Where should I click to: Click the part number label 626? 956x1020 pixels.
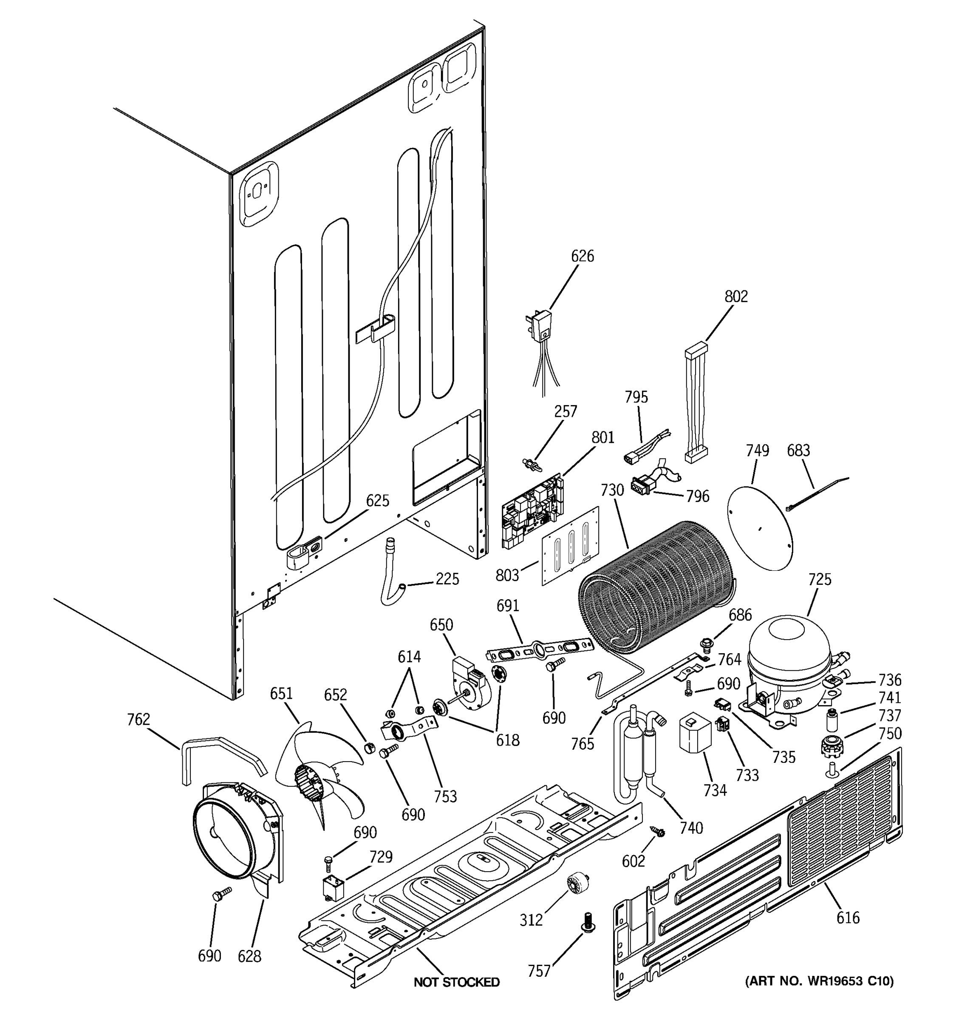(x=582, y=256)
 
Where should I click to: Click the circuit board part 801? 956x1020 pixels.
(x=532, y=513)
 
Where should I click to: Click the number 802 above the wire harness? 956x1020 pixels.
(x=736, y=296)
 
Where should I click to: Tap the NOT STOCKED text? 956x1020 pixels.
(x=456, y=982)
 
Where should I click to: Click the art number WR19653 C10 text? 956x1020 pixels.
(x=819, y=981)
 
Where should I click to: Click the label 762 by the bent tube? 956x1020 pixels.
(x=139, y=720)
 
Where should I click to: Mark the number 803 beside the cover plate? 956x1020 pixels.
(x=507, y=576)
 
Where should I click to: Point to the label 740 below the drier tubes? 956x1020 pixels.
(x=691, y=827)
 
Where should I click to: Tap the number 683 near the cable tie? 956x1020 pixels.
(x=798, y=450)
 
